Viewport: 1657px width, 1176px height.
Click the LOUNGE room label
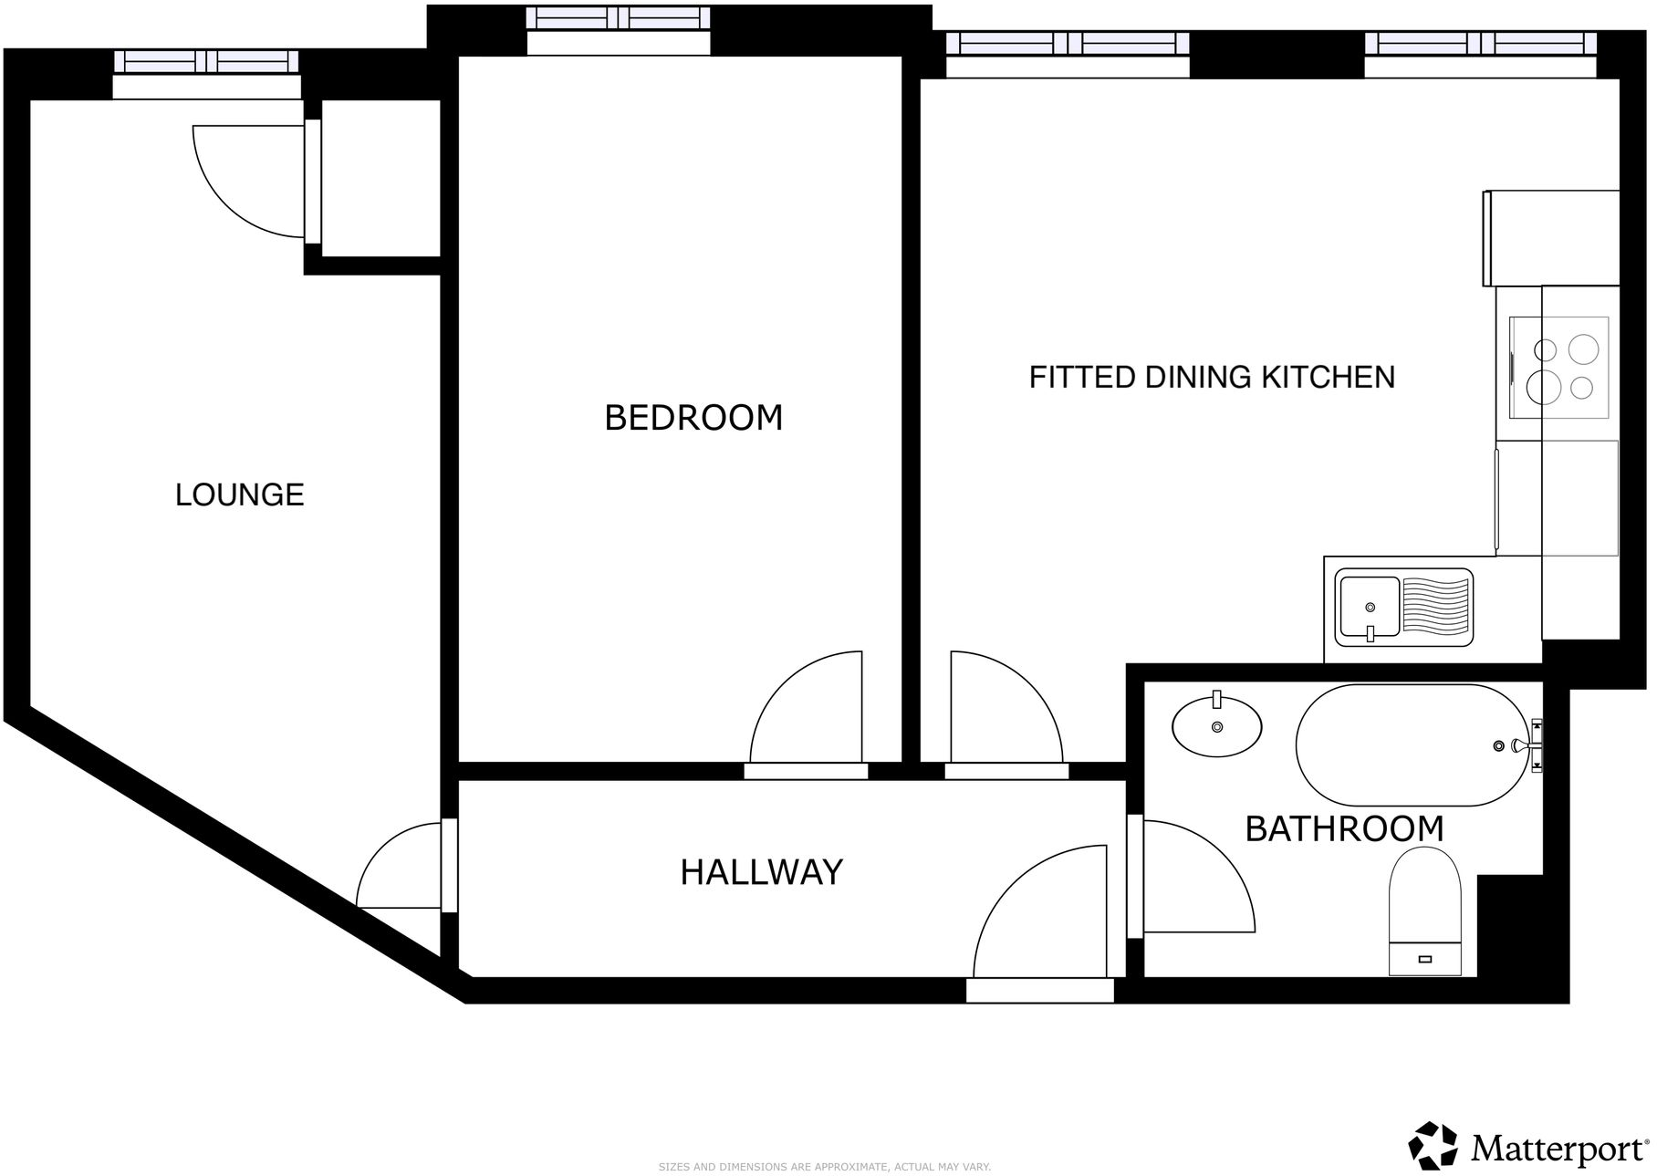pyautogui.click(x=239, y=494)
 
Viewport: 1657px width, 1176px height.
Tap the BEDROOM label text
pyautogui.click(x=693, y=418)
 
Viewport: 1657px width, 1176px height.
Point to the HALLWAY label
pyautogui.click(x=761, y=872)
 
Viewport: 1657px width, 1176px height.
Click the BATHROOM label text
pyautogui.click(x=1344, y=829)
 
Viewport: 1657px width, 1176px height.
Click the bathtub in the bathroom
pyautogui.click(x=1410, y=745)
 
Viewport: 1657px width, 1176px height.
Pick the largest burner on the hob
pyautogui.click(x=1544, y=388)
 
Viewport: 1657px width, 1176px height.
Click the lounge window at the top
pyautogui.click(x=206, y=62)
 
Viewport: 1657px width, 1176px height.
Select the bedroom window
pyautogui.click(x=619, y=18)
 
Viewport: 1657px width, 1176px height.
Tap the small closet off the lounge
pyautogui.click(x=380, y=177)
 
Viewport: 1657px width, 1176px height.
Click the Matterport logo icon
pyautogui.click(x=1433, y=1145)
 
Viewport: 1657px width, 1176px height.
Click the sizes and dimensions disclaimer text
pyautogui.click(x=824, y=1167)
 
